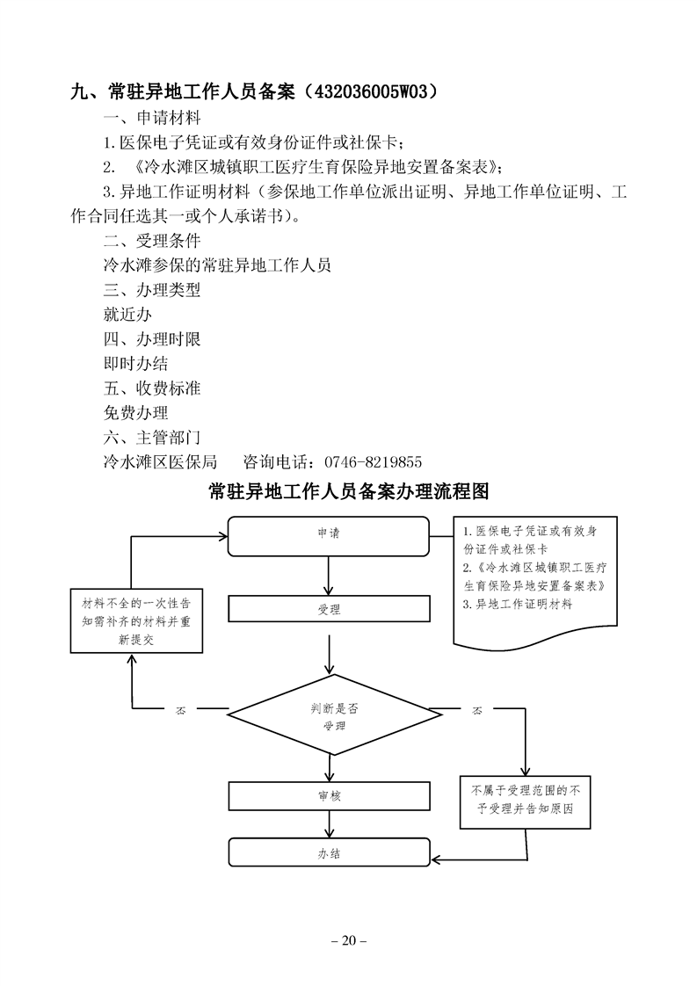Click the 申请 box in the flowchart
(329, 533)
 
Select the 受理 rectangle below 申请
(329, 608)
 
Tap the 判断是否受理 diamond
(329, 716)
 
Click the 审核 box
(329, 795)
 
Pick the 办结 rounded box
(329, 852)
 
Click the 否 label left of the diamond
(181, 709)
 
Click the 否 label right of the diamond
(478, 709)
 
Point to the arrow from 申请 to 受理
(329, 576)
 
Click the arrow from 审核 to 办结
(329, 824)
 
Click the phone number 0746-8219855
(374, 461)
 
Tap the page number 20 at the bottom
(348, 941)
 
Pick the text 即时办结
(135, 363)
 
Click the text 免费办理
(135, 412)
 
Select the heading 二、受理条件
(151, 240)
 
